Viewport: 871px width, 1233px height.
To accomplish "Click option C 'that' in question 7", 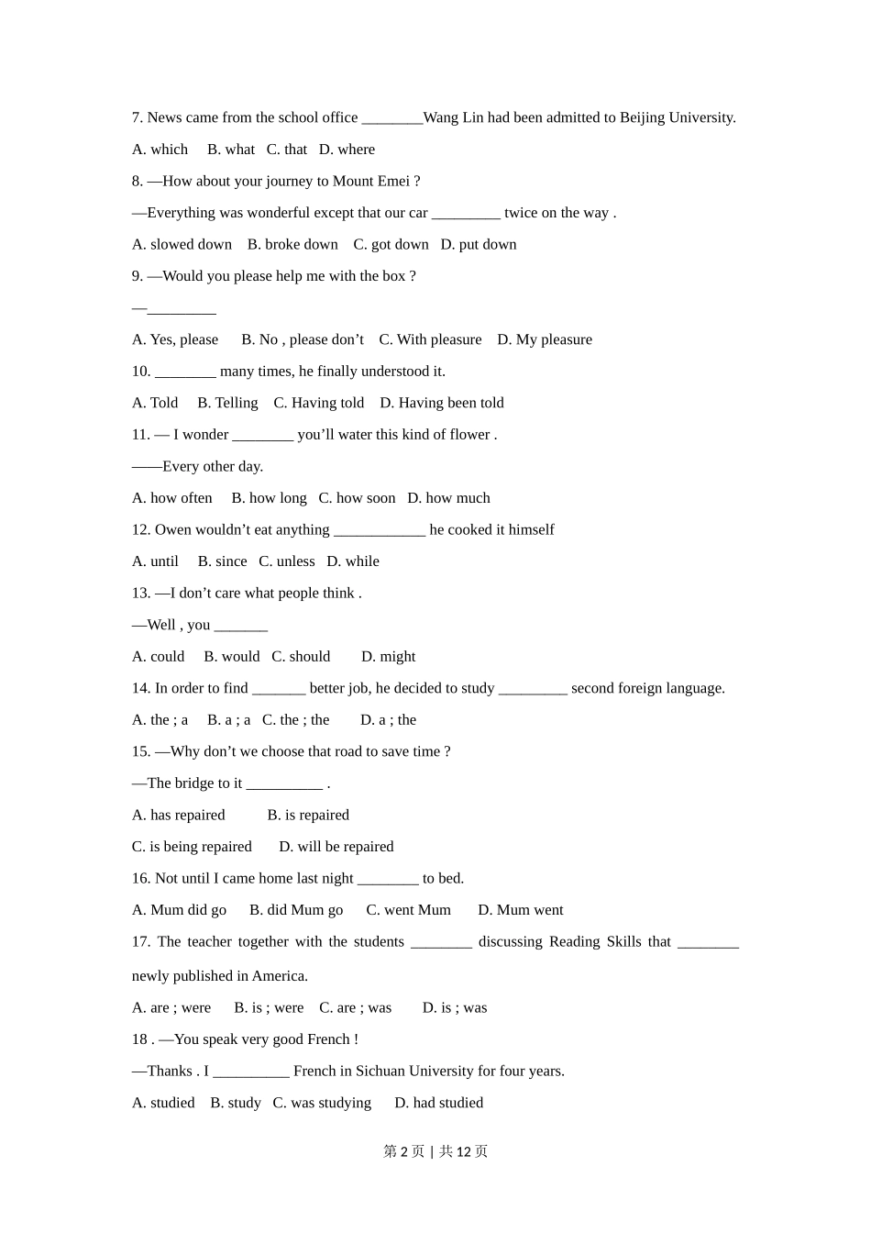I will tap(287, 150).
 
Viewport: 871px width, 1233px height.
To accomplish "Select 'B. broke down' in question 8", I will tap(292, 244).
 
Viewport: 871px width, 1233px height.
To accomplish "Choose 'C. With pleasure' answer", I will tap(430, 339).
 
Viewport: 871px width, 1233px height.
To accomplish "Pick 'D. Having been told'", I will tap(442, 403).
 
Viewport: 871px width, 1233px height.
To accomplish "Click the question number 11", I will tap(140, 435).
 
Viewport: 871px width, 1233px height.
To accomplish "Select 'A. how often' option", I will tap(172, 498).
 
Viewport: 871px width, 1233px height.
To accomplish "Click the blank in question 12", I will tap(380, 530).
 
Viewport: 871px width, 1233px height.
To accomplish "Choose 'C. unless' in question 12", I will tap(287, 561).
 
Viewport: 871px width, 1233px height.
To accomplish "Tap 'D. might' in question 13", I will tap(388, 657).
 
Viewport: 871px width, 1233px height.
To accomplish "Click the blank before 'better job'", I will tap(279, 689).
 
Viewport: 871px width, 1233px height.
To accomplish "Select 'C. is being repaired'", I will tap(192, 847).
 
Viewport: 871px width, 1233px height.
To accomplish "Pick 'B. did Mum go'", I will tap(296, 910).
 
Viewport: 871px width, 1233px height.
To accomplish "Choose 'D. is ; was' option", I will tap(455, 1007).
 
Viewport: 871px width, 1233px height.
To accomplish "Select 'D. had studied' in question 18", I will tap(438, 1103).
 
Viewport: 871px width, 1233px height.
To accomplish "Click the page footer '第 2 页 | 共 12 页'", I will tap(435, 1151).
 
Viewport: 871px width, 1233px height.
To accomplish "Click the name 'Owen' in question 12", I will tap(172, 529).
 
